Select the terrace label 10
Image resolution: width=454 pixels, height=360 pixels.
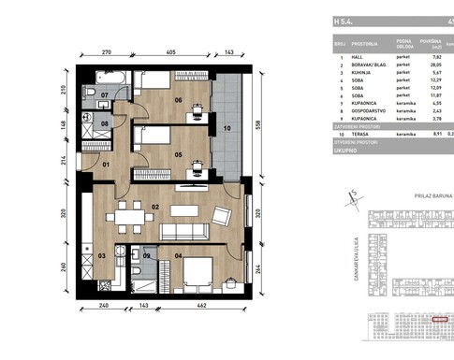(227, 128)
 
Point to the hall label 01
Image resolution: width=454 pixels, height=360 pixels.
(106, 166)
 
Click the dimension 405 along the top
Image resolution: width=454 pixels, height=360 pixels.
(171, 53)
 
